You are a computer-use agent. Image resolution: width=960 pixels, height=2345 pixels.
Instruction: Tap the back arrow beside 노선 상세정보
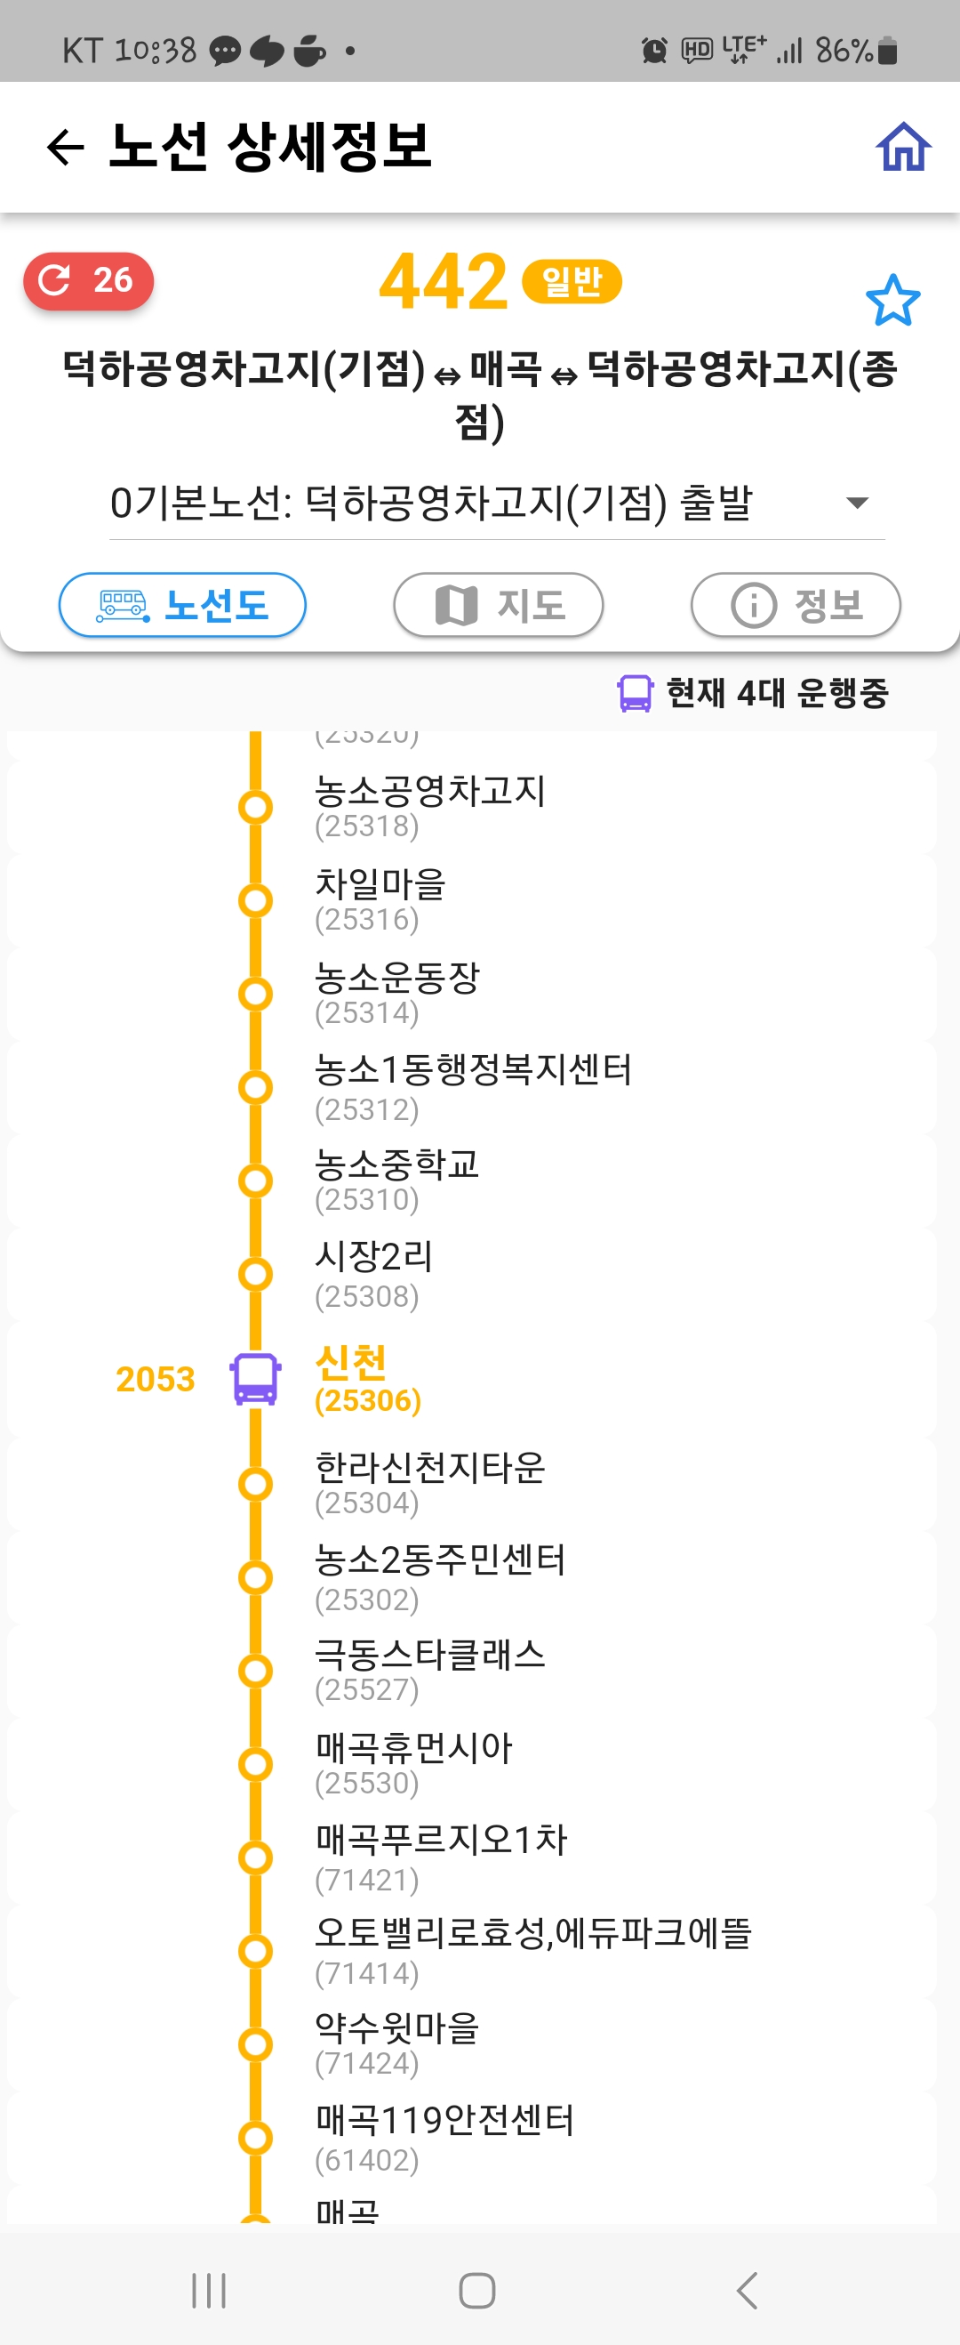(x=66, y=148)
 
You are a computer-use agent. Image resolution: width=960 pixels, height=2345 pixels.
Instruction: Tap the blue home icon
(x=903, y=147)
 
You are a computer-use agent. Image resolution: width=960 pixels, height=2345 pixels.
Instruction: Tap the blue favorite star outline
(x=892, y=301)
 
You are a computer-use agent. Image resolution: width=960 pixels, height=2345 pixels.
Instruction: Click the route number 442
(x=444, y=282)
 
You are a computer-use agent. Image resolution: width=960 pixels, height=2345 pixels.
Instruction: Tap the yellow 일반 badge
(x=572, y=281)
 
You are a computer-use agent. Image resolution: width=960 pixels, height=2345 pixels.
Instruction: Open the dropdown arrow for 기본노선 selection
(x=856, y=503)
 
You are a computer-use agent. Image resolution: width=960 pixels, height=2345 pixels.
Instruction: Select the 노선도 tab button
(x=182, y=604)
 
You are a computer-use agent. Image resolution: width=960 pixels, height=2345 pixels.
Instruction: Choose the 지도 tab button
(x=498, y=604)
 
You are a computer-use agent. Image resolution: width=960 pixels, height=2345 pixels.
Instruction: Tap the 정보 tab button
(x=796, y=604)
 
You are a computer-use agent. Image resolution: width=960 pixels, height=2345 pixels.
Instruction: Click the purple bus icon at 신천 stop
(x=256, y=1378)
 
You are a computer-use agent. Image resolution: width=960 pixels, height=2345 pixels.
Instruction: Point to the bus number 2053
(x=155, y=1379)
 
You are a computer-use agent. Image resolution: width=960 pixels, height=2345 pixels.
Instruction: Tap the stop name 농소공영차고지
(x=429, y=790)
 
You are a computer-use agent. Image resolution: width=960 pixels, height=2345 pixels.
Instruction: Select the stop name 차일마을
(x=380, y=884)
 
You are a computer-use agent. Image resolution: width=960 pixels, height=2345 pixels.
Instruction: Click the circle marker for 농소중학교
(x=256, y=1181)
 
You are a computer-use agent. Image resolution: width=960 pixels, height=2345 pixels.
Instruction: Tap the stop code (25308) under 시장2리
(x=367, y=1296)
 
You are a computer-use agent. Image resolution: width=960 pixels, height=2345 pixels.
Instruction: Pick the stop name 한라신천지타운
(x=429, y=1467)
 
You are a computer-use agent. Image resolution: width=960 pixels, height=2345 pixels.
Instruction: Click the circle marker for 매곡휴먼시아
(x=256, y=1764)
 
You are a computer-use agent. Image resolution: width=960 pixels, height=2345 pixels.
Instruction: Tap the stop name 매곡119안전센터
(x=444, y=2119)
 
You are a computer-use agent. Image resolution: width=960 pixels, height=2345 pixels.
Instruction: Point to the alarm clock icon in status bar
(x=653, y=51)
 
